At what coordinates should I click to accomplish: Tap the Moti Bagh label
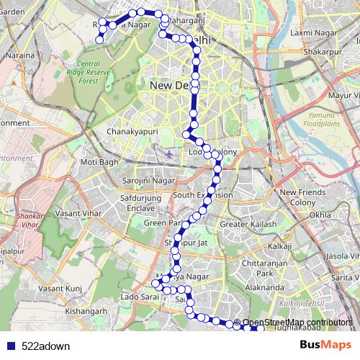99,162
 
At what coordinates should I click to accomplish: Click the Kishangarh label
86,311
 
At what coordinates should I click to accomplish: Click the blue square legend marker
12,346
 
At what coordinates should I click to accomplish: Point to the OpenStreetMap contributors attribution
296,322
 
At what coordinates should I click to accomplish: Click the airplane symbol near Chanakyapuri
169,153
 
